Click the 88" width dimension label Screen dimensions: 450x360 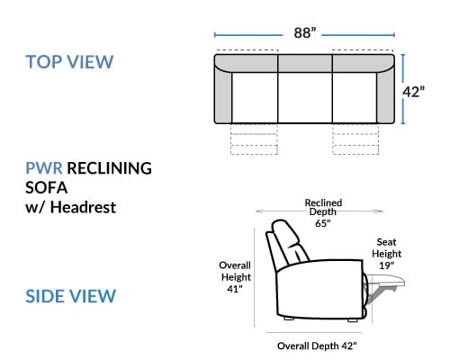(305, 32)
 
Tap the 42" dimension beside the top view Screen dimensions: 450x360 (413, 92)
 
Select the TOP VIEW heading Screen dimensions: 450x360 (69, 62)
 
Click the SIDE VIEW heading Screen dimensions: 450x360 (71, 296)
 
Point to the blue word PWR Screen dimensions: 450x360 (44, 168)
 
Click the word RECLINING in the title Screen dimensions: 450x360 (109, 168)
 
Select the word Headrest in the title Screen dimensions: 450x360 (83, 207)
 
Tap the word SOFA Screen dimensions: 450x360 (47, 188)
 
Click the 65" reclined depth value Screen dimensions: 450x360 (323, 223)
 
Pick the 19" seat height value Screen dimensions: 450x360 (386, 265)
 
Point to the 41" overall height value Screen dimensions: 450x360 (235, 289)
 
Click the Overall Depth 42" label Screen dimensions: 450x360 (317, 346)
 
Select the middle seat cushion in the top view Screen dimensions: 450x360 (305, 97)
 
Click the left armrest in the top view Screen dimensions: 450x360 (223, 96)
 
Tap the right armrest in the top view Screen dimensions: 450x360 (385, 96)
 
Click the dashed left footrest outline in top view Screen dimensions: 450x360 (254, 139)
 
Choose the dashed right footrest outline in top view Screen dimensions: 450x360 (355, 139)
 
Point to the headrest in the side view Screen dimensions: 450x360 (286, 237)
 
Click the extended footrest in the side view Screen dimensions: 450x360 (385, 282)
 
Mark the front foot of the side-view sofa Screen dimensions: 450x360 (353, 320)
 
